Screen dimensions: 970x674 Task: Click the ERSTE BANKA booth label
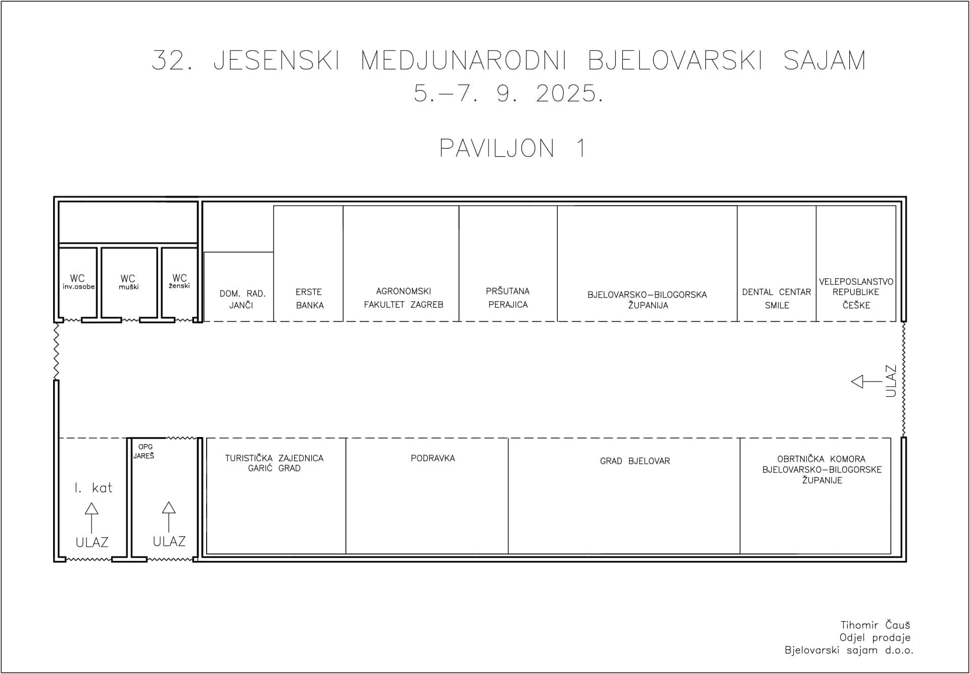point(309,299)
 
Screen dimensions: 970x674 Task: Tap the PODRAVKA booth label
point(433,458)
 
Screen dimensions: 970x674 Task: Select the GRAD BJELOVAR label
point(635,461)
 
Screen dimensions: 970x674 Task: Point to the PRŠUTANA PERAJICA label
point(508,298)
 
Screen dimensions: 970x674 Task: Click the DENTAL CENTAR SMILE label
point(777,299)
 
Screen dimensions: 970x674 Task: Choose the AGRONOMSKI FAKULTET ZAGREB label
point(403,298)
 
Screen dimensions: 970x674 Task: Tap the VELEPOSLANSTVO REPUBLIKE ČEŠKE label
point(856,293)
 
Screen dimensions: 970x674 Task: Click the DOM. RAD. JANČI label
point(242,299)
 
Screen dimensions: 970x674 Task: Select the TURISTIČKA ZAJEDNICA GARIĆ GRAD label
point(274,463)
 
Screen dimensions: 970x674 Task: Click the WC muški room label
point(128,282)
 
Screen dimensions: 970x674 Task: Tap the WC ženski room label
point(179,281)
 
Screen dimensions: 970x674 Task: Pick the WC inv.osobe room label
point(78,282)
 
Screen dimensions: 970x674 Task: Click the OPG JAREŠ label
point(144,451)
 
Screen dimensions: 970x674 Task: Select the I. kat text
point(93,488)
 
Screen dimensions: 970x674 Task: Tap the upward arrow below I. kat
point(91,518)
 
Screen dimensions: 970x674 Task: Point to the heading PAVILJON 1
point(512,149)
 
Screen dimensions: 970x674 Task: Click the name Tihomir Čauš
point(875,625)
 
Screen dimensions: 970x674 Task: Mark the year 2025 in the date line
point(569,93)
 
